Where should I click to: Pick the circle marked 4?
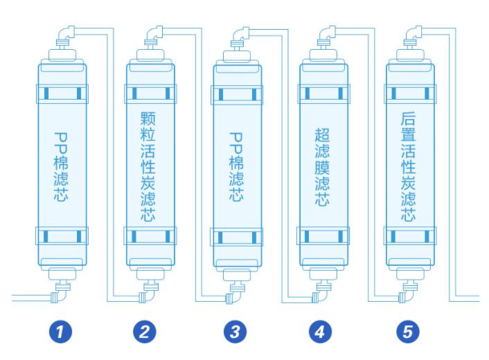319,331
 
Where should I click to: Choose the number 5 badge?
407,331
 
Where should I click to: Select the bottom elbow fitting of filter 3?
231,298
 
